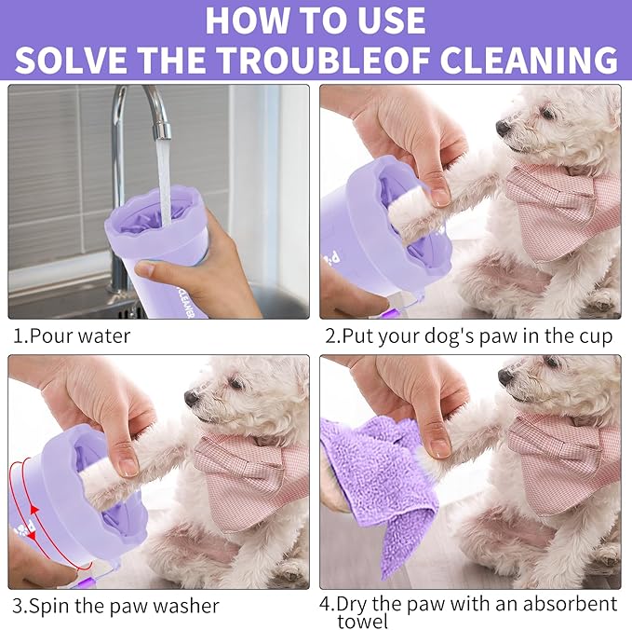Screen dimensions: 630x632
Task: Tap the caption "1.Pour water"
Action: pyautogui.click(x=72, y=336)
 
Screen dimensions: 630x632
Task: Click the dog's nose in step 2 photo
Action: pyautogui.click(x=503, y=127)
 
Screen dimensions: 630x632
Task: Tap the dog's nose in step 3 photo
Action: pyautogui.click(x=191, y=397)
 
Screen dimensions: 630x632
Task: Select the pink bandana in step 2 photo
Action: pyautogui.click(x=558, y=205)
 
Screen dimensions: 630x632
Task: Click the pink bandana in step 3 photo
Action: pyautogui.click(x=251, y=475)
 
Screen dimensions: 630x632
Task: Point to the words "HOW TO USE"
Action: pyautogui.click(x=316, y=20)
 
